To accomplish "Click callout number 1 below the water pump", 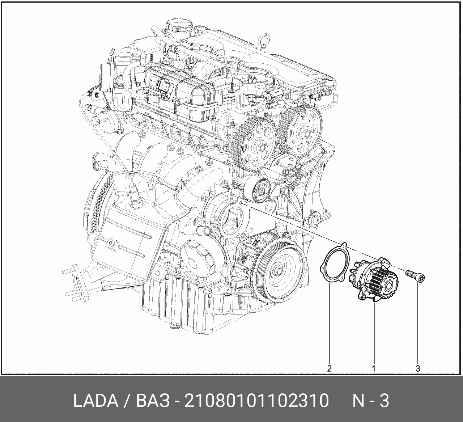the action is (374, 368).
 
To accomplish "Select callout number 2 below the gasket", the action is (330, 368).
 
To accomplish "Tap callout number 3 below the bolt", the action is (418, 368).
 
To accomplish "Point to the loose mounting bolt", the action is (415, 276).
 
